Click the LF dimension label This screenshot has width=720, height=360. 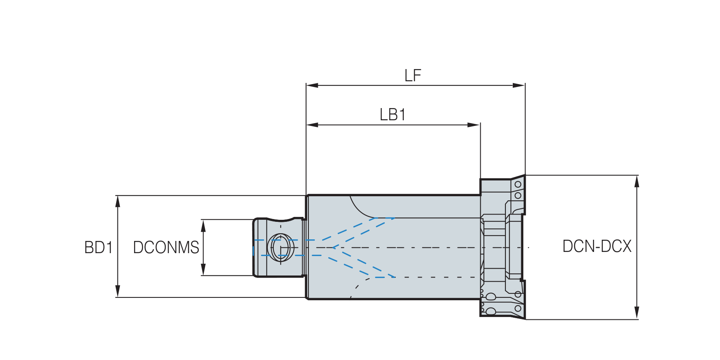point(413,76)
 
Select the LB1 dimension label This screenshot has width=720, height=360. point(393,115)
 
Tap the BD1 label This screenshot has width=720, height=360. point(98,247)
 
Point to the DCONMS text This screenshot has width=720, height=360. point(166,247)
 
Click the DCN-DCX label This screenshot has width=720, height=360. point(597,246)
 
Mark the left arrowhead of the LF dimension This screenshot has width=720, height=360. point(312,85)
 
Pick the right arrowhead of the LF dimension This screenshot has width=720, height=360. point(519,85)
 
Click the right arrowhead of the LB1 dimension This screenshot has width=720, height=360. point(474,125)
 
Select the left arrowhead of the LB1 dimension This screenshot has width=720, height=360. point(312,125)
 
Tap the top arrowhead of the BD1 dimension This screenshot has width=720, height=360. point(118,202)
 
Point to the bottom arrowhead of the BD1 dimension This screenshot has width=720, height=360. point(118,291)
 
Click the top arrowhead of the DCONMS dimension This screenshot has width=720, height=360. point(203,226)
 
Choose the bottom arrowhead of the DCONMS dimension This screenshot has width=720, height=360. point(203,269)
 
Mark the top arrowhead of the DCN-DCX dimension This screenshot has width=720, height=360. point(637,182)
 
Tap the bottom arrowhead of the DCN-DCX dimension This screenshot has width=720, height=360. point(637,313)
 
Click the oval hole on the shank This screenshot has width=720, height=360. point(281,247)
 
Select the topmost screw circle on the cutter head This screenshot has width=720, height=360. point(518,184)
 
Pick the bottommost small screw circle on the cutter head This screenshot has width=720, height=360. point(518,308)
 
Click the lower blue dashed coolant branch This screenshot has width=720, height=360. point(364,262)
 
